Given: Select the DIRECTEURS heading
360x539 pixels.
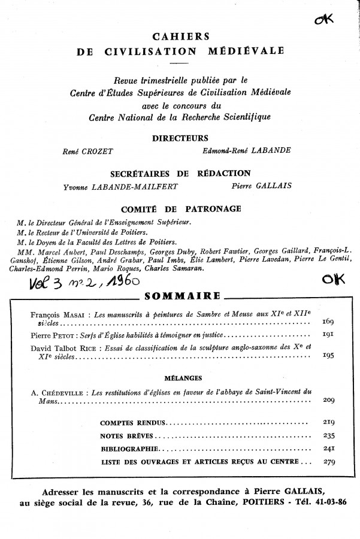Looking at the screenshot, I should [x=180, y=137].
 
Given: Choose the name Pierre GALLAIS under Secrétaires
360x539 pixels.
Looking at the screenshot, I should [x=262, y=186].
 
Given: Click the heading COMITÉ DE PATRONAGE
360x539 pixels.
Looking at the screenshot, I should [x=181, y=208].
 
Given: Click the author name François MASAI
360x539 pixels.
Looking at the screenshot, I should [x=56, y=314].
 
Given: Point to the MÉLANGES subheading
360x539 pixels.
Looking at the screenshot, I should [x=180, y=377].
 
